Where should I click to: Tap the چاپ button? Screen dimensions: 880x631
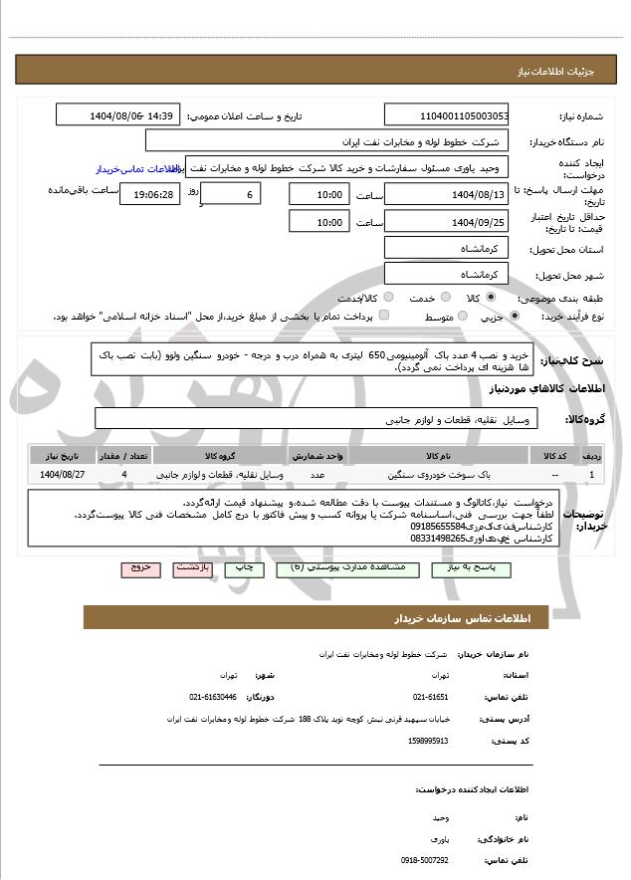(243, 568)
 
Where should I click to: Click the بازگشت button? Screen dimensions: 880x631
(192, 568)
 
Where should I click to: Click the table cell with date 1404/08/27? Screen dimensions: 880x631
(63, 475)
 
